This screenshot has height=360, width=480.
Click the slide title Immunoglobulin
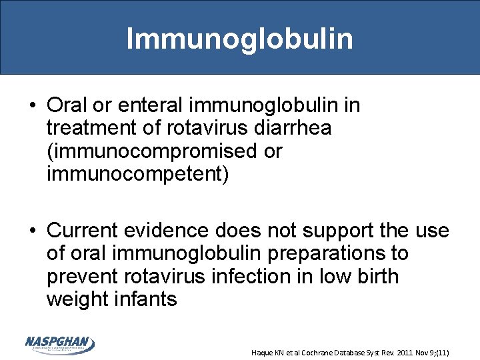click(239, 38)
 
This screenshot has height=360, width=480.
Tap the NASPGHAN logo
click(60, 345)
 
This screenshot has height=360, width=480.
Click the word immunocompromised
click(151, 151)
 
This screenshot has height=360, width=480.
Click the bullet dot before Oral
click(32, 106)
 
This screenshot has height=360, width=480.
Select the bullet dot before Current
click(32, 231)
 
